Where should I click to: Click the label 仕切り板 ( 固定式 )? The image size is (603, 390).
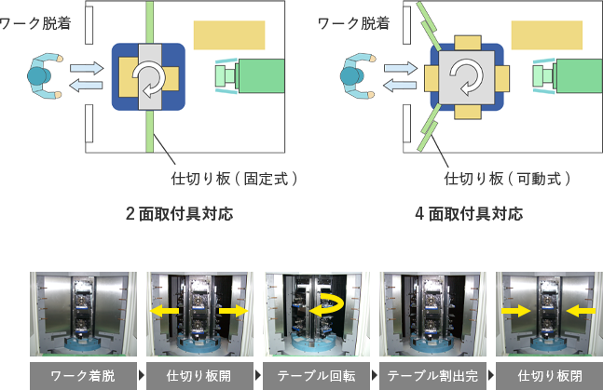[235, 177]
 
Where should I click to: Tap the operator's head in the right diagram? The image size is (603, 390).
[354, 74]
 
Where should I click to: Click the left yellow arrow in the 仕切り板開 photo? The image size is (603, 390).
[169, 309]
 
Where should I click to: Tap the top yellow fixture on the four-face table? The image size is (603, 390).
[464, 42]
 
